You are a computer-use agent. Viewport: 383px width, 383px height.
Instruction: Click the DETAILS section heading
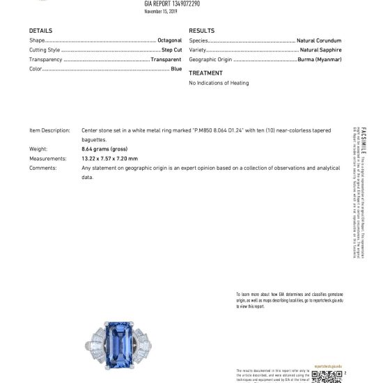click(x=40, y=31)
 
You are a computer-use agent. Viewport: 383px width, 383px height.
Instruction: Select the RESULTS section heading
click(x=202, y=31)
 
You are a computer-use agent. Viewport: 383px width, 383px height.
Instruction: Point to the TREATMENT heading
click(x=206, y=72)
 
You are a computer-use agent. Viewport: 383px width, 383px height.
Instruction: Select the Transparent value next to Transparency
click(x=166, y=60)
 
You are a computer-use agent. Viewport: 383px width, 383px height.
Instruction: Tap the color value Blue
click(x=176, y=70)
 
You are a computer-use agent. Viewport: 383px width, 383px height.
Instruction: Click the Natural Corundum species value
click(x=319, y=41)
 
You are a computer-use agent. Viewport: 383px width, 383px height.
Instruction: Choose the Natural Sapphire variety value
click(x=321, y=51)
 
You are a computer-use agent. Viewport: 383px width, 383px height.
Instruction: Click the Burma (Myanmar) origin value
click(x=320, y=60)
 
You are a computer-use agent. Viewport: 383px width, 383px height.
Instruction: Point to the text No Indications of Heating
click(x=219, y=84)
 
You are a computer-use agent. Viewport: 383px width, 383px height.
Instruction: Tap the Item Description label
click(x=49, y=130)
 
